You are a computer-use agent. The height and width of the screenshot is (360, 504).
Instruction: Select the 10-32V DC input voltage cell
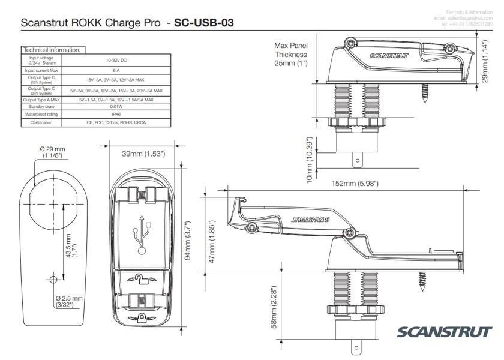click(116, 61)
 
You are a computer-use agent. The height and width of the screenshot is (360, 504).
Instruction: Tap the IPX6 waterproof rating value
click(116, 114)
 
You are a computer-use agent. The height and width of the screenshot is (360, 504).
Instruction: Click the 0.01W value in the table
click(116, 106)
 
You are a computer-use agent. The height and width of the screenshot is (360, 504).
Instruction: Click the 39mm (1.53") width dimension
click(143, 154)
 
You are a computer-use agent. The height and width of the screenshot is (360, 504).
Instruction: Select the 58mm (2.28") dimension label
click(275, 306)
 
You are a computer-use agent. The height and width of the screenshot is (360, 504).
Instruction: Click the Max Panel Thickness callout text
click(291, 54)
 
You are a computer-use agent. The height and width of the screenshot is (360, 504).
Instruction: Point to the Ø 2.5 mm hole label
click(69, 301)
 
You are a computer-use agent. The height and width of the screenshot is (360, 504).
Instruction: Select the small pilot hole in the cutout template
click(53, 280)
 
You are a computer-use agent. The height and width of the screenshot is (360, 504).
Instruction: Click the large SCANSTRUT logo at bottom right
click(445, 332)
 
